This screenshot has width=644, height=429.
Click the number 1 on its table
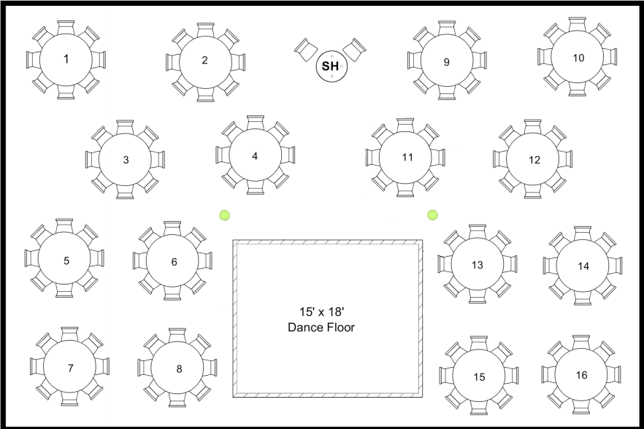[x=66, y=60]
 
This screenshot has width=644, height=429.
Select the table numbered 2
[x=205, y=61]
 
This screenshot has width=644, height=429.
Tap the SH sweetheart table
[x=330, y=66]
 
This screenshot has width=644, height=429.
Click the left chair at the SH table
[x=306, y=48]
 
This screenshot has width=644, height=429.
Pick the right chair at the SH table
[x=355, y=48]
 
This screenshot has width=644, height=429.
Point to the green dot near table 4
[x=225, y=214]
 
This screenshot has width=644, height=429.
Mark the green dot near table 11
[x=433, y=214]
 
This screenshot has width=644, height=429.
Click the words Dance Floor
[x=321, y=328]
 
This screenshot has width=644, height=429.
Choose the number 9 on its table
[x=446, y=62]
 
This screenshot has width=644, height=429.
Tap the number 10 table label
[x=578, y=58]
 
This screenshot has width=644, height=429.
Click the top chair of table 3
[x=125, y=127]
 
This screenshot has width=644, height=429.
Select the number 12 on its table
[x=534, y=160]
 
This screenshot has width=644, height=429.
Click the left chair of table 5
[x=32, y=259]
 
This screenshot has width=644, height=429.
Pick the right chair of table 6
[x=207, y=261]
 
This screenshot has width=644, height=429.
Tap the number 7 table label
[x=70, y=368]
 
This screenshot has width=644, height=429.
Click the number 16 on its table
[x=581, y=375]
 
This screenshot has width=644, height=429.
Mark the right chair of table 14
[x=616, y=266]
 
